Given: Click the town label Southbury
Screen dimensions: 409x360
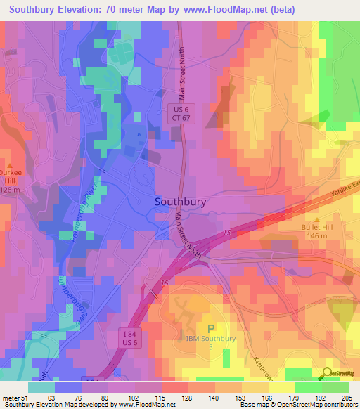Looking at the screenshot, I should coord(180,201).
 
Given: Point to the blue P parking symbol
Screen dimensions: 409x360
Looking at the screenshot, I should coord(211,328).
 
